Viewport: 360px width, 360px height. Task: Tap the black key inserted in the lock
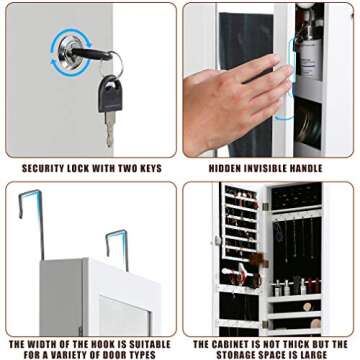(91, 53)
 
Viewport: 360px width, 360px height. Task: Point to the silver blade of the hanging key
(110, 129)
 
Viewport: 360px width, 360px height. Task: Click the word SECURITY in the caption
(43, 169)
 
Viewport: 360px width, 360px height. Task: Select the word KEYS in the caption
(150, 169)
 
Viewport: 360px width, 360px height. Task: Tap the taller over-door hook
(32, 224)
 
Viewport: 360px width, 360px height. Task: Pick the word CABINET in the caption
(235, 344)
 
